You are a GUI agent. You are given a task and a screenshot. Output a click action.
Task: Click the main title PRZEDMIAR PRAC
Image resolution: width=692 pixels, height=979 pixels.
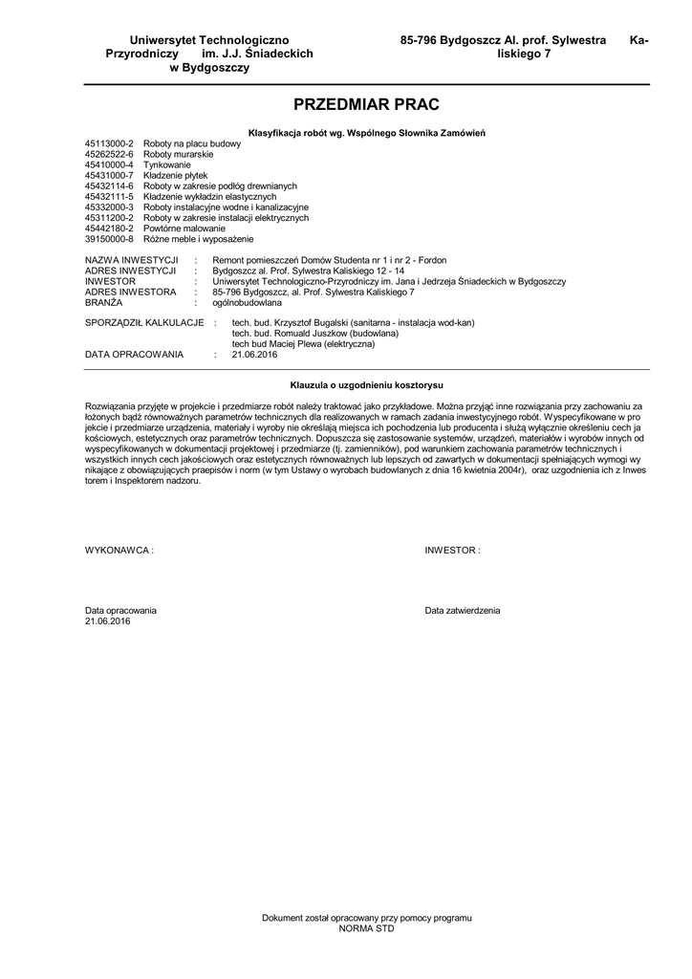(x=367, y=103)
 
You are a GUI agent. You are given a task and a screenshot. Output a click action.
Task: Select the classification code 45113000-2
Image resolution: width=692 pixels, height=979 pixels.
(x=109, y=143)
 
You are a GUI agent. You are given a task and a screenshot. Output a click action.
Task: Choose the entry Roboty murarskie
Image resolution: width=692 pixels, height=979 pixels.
(x=178, y=154)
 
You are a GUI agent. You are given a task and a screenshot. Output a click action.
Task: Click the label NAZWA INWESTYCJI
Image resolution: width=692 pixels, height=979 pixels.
(x=132, y=260)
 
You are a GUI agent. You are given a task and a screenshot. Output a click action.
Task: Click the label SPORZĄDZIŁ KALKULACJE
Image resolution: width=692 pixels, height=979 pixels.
(x=144, y=322)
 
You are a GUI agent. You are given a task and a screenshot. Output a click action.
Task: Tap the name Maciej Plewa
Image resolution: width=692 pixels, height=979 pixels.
(x=293, y=343)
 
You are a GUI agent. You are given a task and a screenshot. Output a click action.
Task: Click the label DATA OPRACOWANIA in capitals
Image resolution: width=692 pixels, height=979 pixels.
(x=134, y=354)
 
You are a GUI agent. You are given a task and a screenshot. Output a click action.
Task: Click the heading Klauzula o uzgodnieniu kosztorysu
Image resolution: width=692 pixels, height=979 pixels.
(x=367, y=384)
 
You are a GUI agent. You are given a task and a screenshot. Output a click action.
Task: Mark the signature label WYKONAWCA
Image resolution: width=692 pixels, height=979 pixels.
(x=118, y=552)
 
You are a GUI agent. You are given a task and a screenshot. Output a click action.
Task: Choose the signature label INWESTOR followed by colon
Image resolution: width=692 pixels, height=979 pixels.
(x=452, y=552)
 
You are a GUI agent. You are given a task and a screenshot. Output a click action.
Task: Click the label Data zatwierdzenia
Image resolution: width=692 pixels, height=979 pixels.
(x=463, y=610)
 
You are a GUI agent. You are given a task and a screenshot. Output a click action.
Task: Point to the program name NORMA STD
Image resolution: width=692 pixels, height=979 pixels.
(x=367, y=928)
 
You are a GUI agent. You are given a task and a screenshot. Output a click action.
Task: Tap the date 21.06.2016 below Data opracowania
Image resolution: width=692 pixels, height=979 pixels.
(x=108, y=620)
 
